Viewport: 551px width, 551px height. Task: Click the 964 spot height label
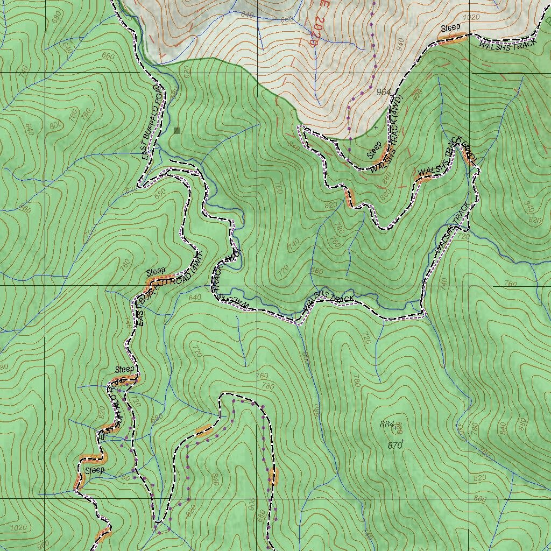[x=383, y=91]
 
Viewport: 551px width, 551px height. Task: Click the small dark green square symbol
[x=177, y=130]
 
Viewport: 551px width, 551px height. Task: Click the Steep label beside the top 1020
[x=451, y=28]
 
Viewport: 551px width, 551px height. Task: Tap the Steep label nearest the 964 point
[x=374, y=149]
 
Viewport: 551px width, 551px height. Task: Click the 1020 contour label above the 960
[x=18, y=527]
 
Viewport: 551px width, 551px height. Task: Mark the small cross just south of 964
[x=376, y=128]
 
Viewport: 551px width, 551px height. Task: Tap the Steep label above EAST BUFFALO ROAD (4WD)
[x=156, y=271]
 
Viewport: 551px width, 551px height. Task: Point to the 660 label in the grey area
[x=287, y=19]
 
